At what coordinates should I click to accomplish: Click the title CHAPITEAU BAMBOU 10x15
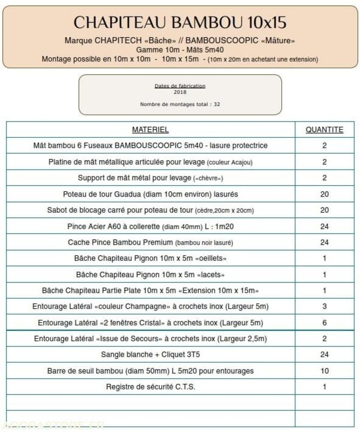(180, 22)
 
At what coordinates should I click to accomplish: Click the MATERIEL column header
(151, 130)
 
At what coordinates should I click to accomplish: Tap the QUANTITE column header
(324, 130)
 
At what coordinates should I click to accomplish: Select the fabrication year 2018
(180, 92)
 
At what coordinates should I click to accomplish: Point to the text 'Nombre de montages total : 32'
(180, 104)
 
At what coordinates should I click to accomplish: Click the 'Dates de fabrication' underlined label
(180, 86)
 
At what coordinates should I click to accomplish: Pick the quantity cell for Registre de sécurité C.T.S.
(324, 387)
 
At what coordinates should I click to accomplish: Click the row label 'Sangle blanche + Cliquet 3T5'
(151, 355)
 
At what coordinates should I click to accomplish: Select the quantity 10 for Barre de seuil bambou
(324, 371)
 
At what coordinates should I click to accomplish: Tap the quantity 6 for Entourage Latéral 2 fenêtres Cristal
(324, 323)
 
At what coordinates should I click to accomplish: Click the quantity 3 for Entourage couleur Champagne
(324, 307)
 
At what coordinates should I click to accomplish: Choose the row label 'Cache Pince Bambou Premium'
(151, 242)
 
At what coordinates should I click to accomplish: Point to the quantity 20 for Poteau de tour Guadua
(324, 194)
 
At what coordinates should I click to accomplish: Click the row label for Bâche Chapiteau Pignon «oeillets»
(151, 258)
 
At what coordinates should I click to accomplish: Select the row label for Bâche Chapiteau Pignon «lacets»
(151, 274)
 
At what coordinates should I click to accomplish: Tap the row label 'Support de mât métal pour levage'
(151, 178)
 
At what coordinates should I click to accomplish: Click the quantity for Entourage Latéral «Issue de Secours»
(324, 339)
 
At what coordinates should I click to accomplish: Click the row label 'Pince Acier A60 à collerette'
(151, 226)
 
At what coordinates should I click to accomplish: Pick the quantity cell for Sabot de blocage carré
(324, 210)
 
